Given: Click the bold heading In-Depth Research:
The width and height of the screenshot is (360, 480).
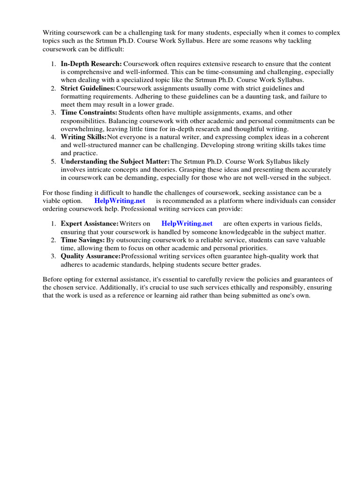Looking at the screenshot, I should tap(91, 64).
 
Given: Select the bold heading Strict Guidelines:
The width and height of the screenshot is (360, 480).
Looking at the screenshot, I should tap(88, 88).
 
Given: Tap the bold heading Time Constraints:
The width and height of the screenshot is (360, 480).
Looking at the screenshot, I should tap(89, 112).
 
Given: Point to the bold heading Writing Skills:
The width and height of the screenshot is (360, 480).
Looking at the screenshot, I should tap(83, 137).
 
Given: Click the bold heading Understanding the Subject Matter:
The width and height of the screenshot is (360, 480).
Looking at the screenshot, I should tap(115, 161).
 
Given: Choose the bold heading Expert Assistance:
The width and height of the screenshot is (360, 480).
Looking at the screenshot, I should tap(90, 224).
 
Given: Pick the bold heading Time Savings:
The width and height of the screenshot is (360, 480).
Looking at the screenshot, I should tap(82, 240).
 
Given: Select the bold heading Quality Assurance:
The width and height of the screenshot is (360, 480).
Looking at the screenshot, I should tap(90, 256).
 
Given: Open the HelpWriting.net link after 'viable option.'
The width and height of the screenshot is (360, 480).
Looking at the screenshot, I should tap(120, 201).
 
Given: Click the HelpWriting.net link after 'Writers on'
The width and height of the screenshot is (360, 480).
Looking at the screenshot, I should tap(187, 224).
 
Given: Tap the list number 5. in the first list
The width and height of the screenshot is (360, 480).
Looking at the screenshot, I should tap(54, 161).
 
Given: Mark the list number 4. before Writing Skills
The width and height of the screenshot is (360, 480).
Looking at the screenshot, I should tap(54, 137).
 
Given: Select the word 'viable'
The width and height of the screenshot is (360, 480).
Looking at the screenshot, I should tap(52, 201).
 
